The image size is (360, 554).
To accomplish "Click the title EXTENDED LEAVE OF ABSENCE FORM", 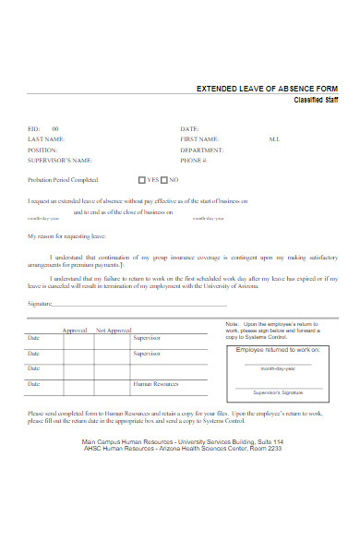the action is click(267, 90).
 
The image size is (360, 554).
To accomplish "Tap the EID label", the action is click(33, 128).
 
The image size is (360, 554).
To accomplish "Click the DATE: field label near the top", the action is click(189, 128).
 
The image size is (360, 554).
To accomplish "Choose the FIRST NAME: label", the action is click(199, 138).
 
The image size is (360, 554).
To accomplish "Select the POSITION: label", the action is click(42, 149).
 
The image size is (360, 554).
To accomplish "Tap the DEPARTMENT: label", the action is click(203, 149).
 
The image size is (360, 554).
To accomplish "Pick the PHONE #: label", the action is click(194, 159).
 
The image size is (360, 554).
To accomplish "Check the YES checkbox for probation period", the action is click(142, 180).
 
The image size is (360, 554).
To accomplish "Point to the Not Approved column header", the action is click(114, 330).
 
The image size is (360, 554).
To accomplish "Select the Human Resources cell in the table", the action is click(154, 382).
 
